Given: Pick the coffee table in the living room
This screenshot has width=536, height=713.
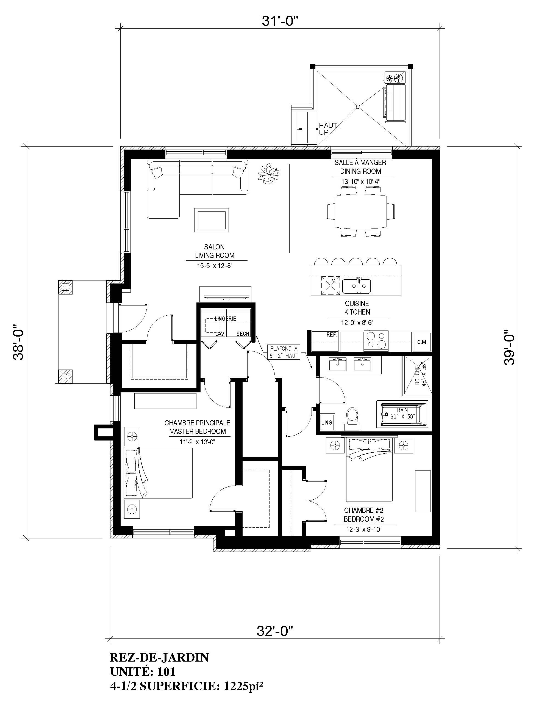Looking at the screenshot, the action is click(x=212, y=220).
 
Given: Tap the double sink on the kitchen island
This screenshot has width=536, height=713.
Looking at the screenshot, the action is click(x=357, y=285).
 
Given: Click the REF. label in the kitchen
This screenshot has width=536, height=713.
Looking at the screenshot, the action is click(x=332, y=335).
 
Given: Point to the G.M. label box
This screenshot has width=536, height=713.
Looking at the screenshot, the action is click(x=422, y=342).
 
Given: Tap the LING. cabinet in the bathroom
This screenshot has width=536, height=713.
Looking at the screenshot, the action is click(x=327, y=422).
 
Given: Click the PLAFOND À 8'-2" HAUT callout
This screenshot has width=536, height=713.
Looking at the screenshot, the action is click(x=284, y=352).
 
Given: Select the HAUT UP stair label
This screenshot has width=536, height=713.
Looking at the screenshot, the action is click(x=328, y=129).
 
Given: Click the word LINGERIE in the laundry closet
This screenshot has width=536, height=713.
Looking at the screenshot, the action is click(x=226, y=319).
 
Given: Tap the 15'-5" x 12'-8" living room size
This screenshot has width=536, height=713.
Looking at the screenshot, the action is click(x=215, y=266).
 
